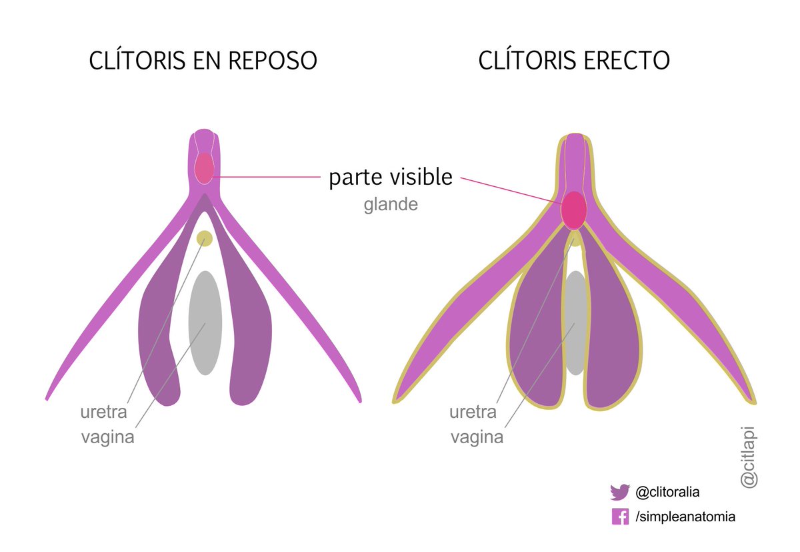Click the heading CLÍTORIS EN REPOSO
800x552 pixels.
point(203,61)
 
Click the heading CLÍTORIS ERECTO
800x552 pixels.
point(574,61)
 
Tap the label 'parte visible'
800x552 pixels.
point(391,178)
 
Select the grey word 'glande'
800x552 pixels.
point(391,205)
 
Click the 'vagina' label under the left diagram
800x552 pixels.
point(107,438)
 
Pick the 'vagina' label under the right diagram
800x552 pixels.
point(477,438)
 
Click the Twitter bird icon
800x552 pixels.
point(620,493)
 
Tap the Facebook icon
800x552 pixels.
point(620,516)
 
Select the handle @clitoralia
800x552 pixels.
point(667,493)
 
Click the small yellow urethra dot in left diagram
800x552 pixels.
point(204,238)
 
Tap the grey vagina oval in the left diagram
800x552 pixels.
point(205,322)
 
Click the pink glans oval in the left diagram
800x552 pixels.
point(204,168)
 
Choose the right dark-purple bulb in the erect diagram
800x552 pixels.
point(610,334)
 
